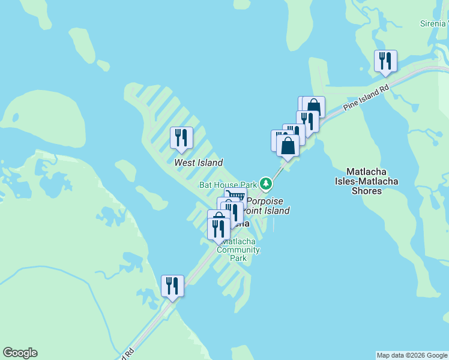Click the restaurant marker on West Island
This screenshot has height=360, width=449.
[x=181, y=138]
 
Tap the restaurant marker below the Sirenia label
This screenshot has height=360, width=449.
[x=385, y=61]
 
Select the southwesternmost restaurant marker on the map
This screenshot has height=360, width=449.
[x=172, y=286]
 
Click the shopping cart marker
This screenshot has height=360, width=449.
[x=235, y=196]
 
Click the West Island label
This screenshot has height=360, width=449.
[x=198, y=163]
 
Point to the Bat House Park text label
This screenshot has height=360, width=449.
[x=228, y=185]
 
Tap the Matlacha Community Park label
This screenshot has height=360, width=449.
[x=238, y=250]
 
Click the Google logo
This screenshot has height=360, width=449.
[x=20, y=353]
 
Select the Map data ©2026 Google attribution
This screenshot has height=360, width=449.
[x=411, y=355]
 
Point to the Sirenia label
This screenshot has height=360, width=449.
[x=433, y=23]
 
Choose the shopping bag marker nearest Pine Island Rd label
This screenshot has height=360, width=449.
[x=313, y=107]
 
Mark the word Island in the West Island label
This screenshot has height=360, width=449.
[x=210, y=163]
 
